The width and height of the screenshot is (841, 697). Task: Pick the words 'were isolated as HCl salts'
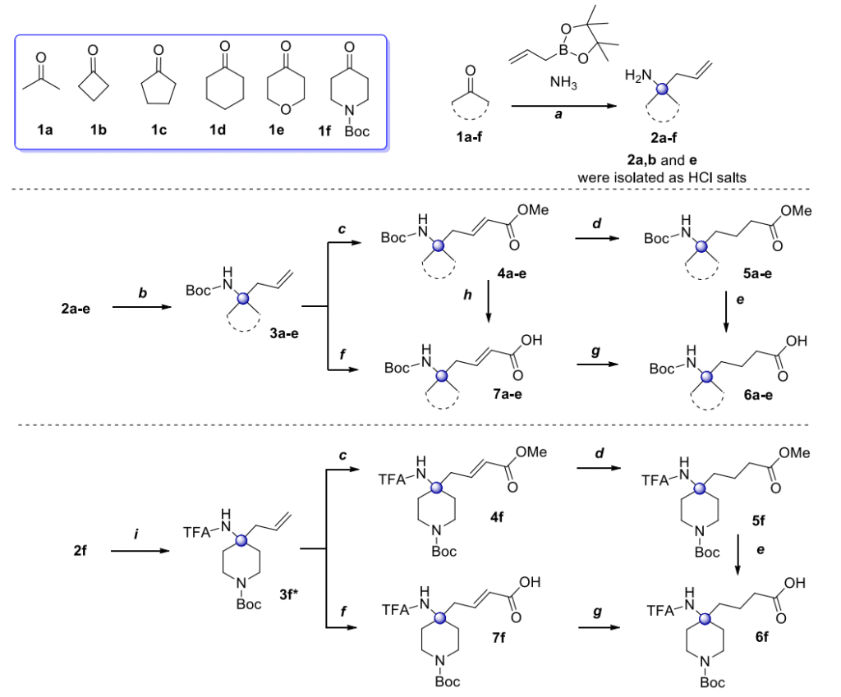pos(666,176)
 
